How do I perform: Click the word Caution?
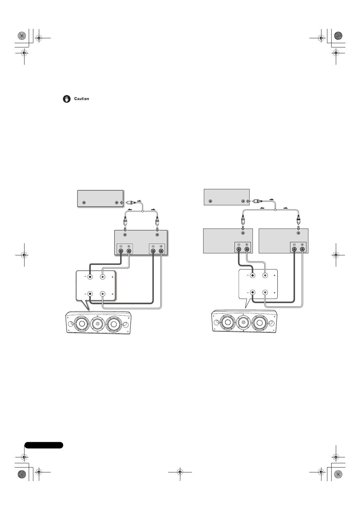tap(81, 99)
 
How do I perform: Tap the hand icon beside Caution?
tap(67, 99)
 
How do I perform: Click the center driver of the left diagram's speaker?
tap(98, 324)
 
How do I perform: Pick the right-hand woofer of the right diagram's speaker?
tap(259, 323)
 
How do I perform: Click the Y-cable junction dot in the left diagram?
tap(142, 212)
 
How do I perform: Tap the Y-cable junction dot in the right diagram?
tap(275, 210)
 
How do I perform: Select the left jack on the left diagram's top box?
tap(84, 203)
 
